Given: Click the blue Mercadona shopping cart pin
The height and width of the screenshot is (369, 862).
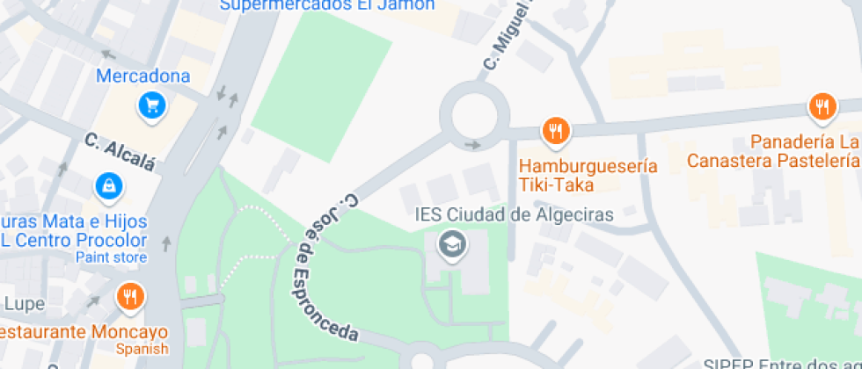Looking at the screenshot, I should coord(152,107).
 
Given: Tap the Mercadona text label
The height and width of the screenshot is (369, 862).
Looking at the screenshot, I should coord(142,76).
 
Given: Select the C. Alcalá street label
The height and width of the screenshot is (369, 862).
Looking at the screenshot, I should coord(121,151).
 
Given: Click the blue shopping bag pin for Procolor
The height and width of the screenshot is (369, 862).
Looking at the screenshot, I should coord(107,185).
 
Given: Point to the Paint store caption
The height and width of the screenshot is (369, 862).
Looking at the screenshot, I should coord(111,257).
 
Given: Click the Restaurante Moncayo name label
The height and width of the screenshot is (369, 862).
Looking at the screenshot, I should coord(84,332).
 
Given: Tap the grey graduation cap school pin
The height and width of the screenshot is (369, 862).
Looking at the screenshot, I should coord(452,244).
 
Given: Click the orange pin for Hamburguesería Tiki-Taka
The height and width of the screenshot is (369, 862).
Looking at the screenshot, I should coord(555,133).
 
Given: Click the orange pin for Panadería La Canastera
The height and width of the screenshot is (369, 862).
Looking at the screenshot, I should coord(822,107).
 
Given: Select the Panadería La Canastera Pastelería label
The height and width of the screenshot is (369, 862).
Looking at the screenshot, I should coord(772,151).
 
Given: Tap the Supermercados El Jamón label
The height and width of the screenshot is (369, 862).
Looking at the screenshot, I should coord(327,5).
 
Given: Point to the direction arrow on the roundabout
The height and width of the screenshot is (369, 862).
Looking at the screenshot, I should coord(474,145).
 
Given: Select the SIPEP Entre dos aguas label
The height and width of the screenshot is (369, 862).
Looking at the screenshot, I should coord(781,363).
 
